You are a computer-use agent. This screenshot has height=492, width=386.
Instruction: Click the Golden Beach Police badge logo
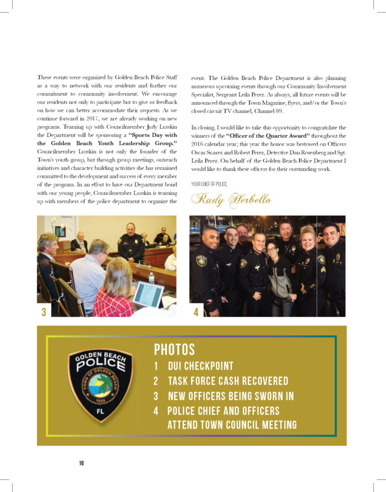tap(101, 384)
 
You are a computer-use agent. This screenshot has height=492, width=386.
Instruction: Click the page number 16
tap(81, 463)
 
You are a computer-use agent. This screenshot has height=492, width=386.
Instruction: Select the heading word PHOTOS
tap(174, 349)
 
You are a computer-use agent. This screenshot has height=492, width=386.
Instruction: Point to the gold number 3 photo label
tap(44, 312)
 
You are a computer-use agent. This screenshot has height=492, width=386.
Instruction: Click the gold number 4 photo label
tap(196, 312)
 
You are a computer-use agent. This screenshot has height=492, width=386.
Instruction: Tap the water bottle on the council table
tap(151, 277)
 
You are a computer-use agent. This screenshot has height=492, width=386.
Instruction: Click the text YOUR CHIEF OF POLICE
tap(210, 184)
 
